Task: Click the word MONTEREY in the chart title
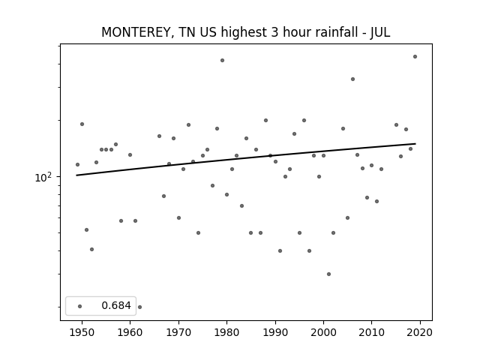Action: (x=136, y=32)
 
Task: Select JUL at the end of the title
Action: (x=380, y=32)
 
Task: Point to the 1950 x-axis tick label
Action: (x=82, y=332)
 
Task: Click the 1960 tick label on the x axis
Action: (x=130, y=332)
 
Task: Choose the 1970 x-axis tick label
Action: (x=178, y=332)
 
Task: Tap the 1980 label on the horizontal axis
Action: (x=226, y=332)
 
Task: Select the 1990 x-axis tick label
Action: (x=275, y=332)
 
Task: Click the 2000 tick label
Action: (x=323, y=332)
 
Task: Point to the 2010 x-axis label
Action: (x=372, y=332)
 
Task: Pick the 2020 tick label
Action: (x=420, y=332)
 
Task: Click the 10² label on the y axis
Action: (x=44, y=177)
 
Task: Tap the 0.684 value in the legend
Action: (x=116, y=305)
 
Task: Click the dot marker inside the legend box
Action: (x=80, y=306)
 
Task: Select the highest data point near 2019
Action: (x=415, y=57)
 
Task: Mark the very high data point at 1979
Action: (x=222, y=60)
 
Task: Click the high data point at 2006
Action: (x=352, y=79)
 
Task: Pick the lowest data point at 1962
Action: (x=140, y=307)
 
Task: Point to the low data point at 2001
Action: (x=328, y=274)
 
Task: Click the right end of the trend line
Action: (x=415, y=143)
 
